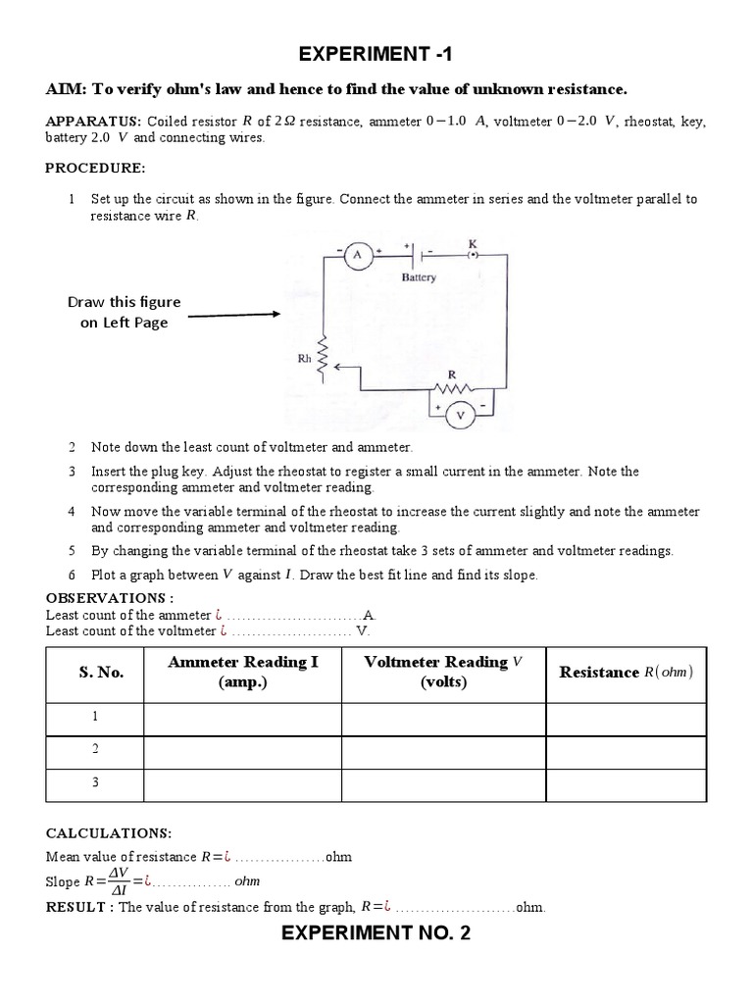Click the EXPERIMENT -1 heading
coord(376,54)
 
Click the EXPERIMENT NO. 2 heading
coord(376,932)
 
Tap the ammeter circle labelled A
coord(357,255)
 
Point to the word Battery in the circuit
coord(419,277)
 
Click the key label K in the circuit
coord(473,241)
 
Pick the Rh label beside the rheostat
coord(304,359)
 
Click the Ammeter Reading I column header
coord(243,672)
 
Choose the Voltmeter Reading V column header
coord(443,672)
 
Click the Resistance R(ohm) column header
coord(626,672)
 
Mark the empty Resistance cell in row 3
coord(626,784)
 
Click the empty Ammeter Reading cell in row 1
coord(243,718)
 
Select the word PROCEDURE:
coord(94,168)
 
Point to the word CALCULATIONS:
coord(108,832)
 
